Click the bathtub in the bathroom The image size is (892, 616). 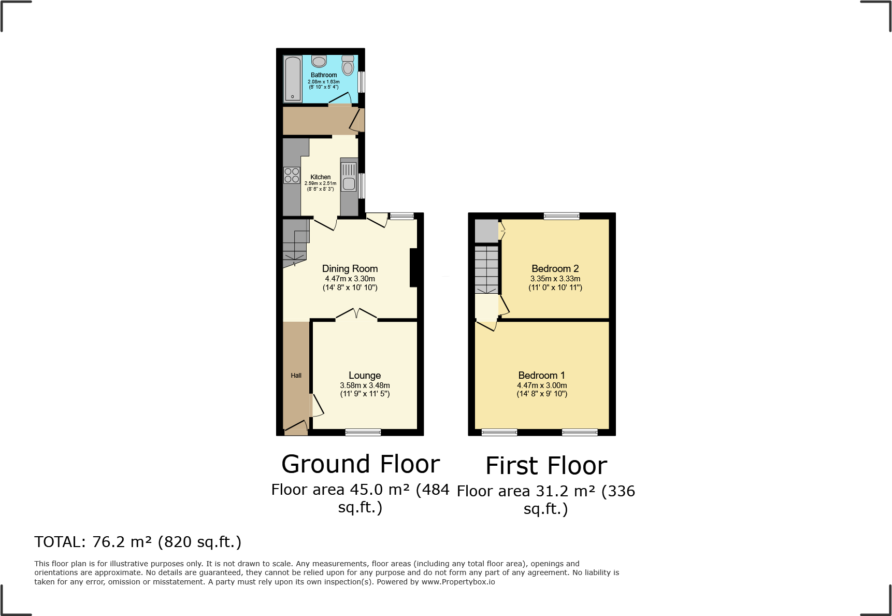point(293,79)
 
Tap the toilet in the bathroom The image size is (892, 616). point(348,66)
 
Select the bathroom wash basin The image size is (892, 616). point(319,62)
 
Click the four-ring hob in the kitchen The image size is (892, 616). point(292,175)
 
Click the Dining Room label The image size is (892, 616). point(350,268)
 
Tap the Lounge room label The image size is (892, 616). point(365,375)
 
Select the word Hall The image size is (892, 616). point(296,376)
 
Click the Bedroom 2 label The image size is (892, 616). point(555,268)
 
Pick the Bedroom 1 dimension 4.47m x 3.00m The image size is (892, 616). point(542,385)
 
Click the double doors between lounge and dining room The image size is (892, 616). point(356,314)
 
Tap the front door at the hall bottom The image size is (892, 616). point(296,427)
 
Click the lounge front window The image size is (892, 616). point(363,432)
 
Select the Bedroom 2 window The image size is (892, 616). point(562,216)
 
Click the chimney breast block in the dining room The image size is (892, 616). point(413,268)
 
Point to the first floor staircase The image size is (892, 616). point(486,269)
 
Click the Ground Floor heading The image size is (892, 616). point(361,464)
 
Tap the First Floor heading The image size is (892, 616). point(546,466)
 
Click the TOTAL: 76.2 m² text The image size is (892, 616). point(138,542)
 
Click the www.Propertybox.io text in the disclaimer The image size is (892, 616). point(458,582)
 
